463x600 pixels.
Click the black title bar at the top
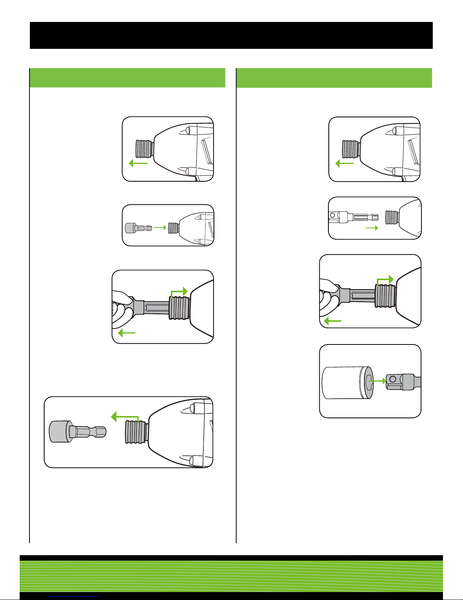[x=231, y=35]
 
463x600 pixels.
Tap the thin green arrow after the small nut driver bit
[x=160, y=227]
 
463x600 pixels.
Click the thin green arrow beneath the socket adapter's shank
[x=372, y=228]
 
